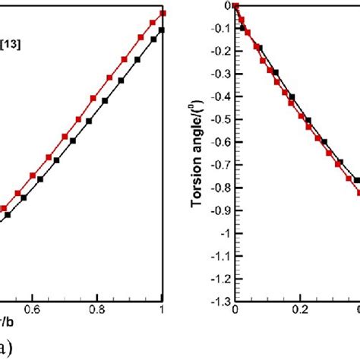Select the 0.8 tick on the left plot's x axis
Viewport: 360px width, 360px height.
pyautogui.click(x=97, y=310)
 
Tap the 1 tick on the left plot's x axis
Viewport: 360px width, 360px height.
pyautogui.click(x=163, y=310)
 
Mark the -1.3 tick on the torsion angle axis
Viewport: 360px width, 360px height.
pyautogui.click(x=220, y=300)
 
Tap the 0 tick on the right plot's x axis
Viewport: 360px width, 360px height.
pyautogui.click(x=235, y=310)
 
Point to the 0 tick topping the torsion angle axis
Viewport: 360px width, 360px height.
pyautogui.click(x=226, y=5)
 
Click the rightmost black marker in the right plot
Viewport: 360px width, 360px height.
pyautogui.click(x=357, y=180)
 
